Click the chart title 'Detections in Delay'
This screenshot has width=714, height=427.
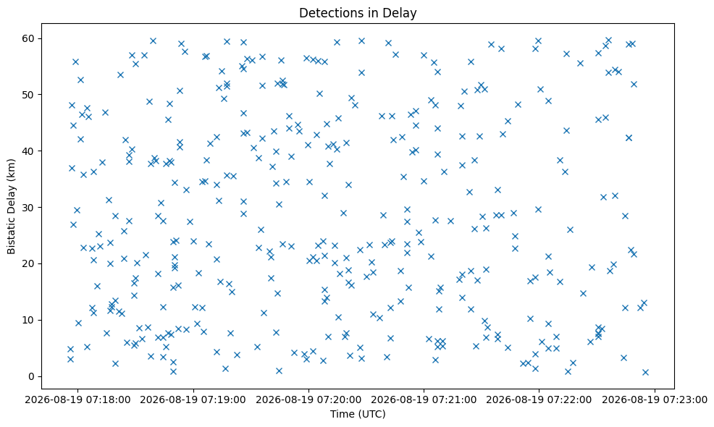coord(358,13)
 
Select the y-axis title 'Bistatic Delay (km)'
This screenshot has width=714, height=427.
coord(12,206)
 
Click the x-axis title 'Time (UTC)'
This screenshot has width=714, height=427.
coord(358,414)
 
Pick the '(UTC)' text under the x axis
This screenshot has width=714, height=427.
coord(371,414)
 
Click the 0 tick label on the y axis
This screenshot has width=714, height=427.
coord(32,376)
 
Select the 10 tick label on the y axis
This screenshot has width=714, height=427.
coord(29,320)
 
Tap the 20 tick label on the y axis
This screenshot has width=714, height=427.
coord(29,263)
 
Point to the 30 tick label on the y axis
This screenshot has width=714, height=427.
coord(29,207)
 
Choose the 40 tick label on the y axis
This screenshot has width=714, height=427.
coord(29,151)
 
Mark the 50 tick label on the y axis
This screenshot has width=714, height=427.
coord(29,95)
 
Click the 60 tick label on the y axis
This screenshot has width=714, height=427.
coord(29,38)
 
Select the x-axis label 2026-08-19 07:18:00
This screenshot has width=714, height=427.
coord(77,400)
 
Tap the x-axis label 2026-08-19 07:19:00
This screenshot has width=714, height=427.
coord(193,400)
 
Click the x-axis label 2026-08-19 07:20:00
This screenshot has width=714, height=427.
coord(308,400)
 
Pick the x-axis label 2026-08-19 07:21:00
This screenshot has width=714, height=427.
coord(424,400)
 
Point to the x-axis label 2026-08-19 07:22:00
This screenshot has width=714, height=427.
coord(539,400)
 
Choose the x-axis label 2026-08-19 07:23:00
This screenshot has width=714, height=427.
coord(655,400)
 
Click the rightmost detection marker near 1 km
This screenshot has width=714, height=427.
coord(645,373)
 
